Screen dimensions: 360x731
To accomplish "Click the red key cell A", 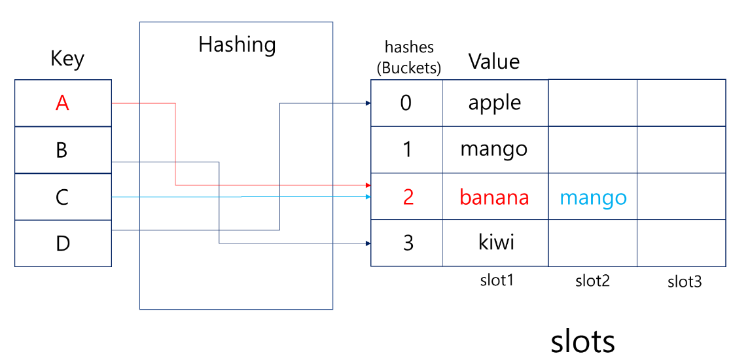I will [x=63, y=103].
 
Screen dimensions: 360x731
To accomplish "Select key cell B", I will [x=63, y=150].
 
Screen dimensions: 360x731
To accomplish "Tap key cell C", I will [x=63, y=197].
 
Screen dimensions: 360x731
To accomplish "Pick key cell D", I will [x=63, y=243].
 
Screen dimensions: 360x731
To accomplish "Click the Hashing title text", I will [x=237, y=45].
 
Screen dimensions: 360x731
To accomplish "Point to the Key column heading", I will [x=67, y=60].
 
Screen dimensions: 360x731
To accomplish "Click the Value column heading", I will [x=494, y=62].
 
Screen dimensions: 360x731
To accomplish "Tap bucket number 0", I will [x=406, y=103].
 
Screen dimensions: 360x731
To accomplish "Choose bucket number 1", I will [x=407, y=150].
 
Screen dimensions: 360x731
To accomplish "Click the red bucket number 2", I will [x=408, y=197].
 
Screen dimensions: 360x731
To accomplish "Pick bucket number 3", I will [x=408, y=243].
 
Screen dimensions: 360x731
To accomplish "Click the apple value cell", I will [x=495, y=103].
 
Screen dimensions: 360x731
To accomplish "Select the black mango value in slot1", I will [x=494, y=149].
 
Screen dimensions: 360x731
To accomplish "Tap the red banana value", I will [x=494, y=197].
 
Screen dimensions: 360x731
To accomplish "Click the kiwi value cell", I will [x=495, y=243].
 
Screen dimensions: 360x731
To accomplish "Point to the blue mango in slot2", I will [x=593, y=197].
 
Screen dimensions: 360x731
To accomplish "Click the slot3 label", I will [x=685, y=282].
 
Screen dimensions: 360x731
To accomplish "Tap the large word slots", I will [x=582, y=341].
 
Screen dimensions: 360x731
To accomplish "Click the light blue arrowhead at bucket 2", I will [x=368, y=196].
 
